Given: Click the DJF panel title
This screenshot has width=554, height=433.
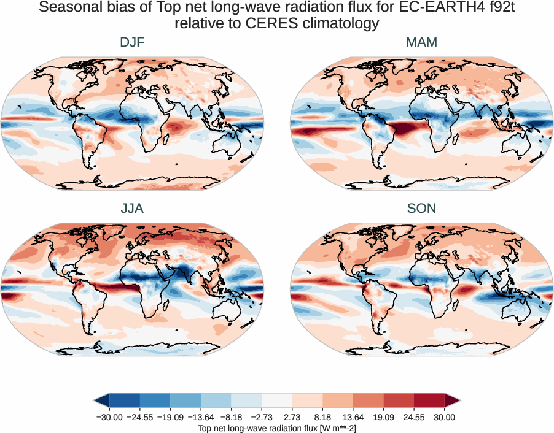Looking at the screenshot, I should point(132,42).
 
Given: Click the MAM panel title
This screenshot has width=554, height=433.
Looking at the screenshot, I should point(421,42).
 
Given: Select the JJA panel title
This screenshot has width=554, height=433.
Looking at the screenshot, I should point(132,209).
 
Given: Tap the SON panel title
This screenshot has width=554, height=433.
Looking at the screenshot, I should point(421,209).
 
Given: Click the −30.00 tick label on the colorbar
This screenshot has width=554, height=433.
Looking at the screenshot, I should point(110,417).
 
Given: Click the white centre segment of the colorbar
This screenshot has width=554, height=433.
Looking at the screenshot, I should point(277,400).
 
